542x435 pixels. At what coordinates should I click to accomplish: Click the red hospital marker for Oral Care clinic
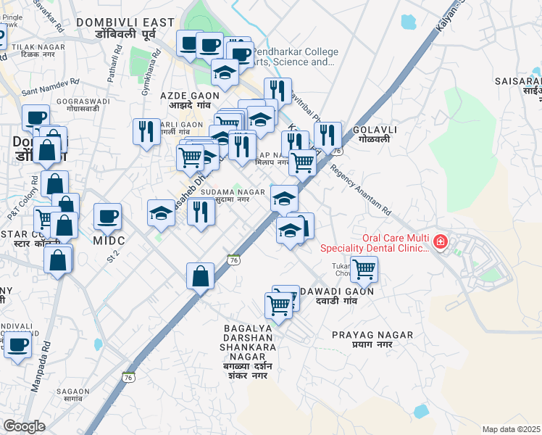(x=439, y=241)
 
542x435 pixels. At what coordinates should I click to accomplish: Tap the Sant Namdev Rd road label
(x=50, y=88)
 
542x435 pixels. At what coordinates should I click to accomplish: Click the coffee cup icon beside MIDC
(x=107, y=216)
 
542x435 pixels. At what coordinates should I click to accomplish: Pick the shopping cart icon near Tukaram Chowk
(x=364, y=268)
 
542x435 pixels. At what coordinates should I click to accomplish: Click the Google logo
(x=24, y=426)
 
